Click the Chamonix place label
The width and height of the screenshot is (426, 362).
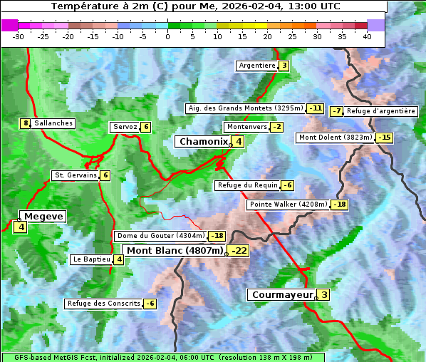coord(203,142)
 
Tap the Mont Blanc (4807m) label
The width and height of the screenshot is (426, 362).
coord(175,251)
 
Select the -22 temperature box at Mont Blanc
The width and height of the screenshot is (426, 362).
coord(239,251)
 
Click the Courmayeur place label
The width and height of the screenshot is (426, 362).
coord(282,295)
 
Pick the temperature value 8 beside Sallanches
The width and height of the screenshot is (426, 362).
coord(26,123)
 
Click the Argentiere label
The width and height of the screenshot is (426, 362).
coord(257,66)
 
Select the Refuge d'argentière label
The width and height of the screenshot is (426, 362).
coord(381,111)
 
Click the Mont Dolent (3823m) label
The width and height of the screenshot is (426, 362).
coord(336,138)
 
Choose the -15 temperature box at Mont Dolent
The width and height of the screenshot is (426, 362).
coord(385,138)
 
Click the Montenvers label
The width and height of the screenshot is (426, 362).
coord(246,127)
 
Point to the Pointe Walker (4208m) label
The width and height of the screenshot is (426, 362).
coord(288,205)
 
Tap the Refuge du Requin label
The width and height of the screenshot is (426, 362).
coord(247,185)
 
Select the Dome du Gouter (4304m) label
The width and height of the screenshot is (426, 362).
coord(160,236)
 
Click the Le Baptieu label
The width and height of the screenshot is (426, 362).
coord(91,259)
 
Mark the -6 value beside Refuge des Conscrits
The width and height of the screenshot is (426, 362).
coord(150,304)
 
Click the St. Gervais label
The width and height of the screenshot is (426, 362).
coord(75,175)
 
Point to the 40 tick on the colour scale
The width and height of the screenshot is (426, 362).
coord(367,36)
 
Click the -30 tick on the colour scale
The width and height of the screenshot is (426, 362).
coord(19,36)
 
